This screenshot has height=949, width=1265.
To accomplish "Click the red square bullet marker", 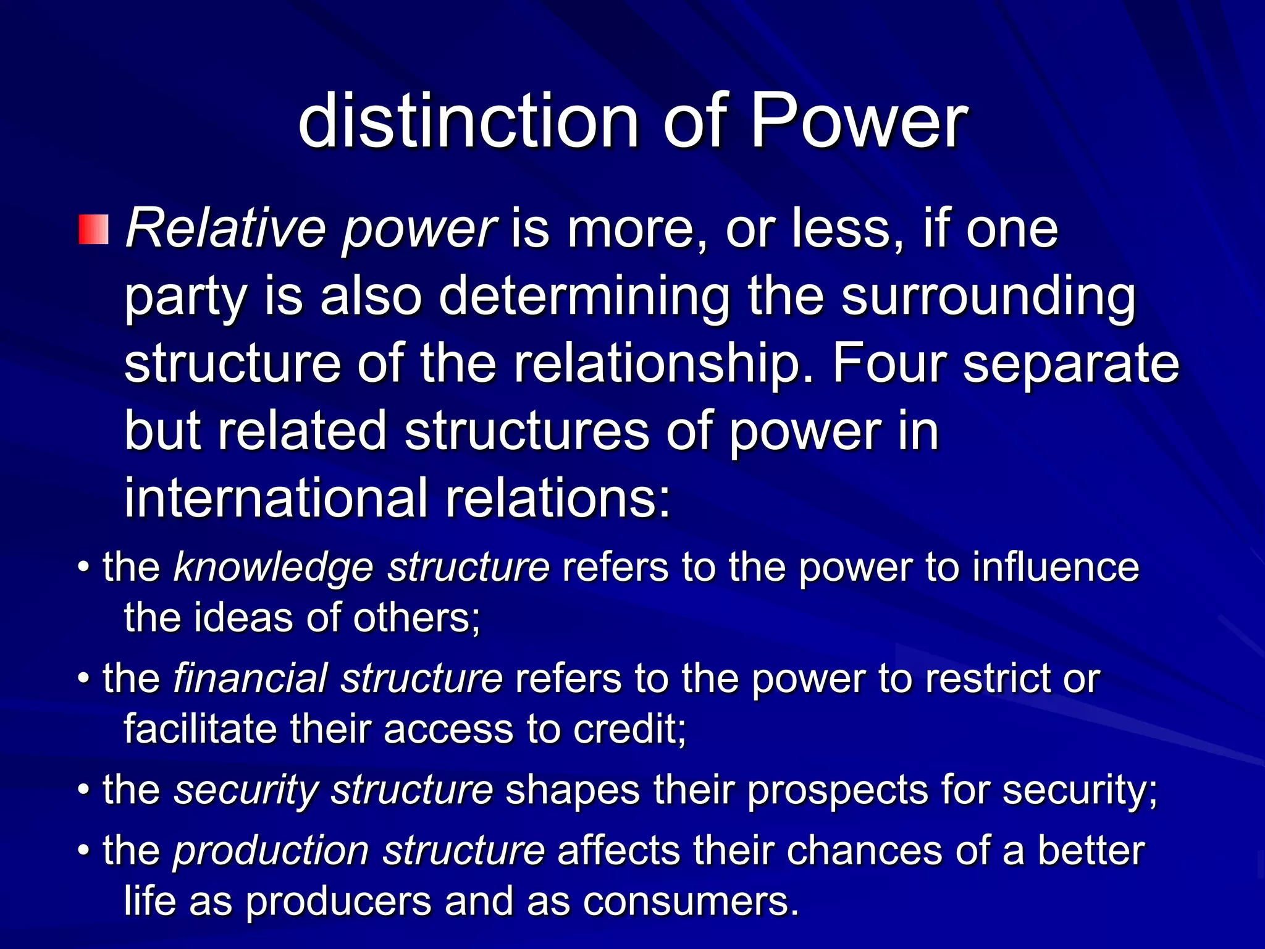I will click(x=93, y=230).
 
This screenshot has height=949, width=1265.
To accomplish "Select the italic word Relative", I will click(x=226, y=229).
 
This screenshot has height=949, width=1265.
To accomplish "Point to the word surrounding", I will click(x=988, y=297).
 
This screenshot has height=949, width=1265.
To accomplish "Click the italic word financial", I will click(x=250, y=678).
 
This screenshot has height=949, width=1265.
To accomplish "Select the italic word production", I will click(x=271, y=851).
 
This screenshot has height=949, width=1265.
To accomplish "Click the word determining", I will click(x=584, y=297).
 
